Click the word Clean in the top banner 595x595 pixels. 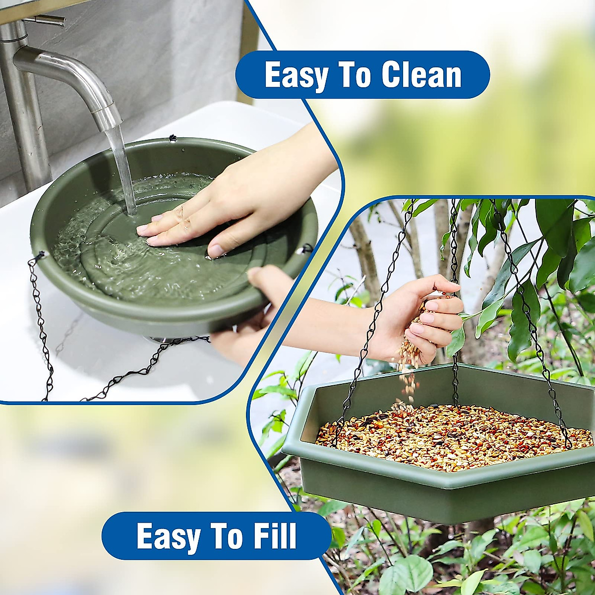(421, 75)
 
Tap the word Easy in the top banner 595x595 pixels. (296, 75)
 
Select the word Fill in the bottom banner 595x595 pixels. (273, 536)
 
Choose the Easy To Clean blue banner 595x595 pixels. (362, 75)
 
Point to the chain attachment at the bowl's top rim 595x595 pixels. (173, 137)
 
